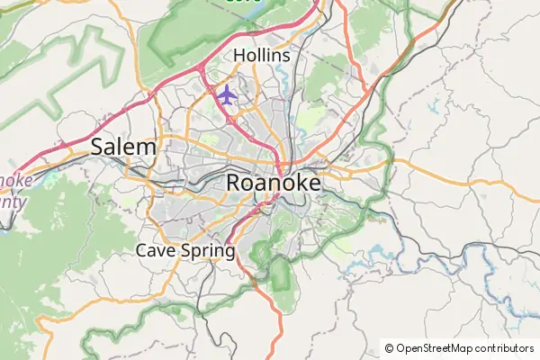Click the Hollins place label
coord(262,56)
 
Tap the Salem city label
coord(123,147)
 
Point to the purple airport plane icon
coord(226,94)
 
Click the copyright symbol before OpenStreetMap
coord(389,347)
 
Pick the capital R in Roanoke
coord(234,182)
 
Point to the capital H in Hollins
coord(239,56)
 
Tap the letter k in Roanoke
coord(295,182)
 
